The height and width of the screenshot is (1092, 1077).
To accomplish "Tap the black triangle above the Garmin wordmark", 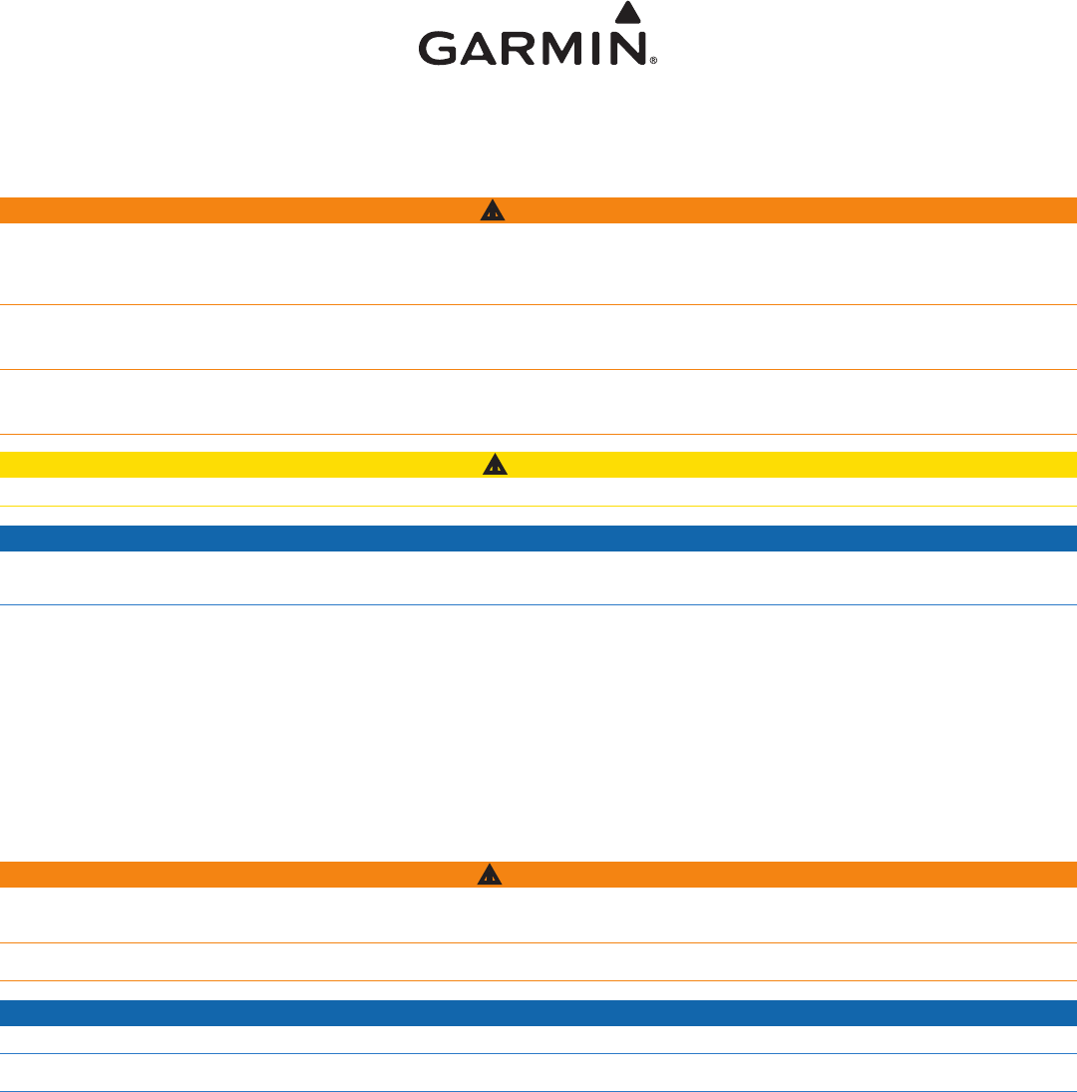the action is pos(625,13).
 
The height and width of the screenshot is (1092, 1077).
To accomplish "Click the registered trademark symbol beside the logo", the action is pos(653,61).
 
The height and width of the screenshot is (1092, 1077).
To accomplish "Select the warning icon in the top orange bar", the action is pos(492,210).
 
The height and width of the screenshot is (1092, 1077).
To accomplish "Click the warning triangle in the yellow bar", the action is pos(495,464).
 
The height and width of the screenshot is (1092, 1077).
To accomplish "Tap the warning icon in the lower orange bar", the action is pos(490,875).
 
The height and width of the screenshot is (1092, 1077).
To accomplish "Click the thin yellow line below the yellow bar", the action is pos(538,507).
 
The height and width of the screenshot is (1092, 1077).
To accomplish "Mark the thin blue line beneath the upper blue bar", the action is pos(538,604).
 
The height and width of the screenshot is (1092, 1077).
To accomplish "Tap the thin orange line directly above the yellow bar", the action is pos(538,434).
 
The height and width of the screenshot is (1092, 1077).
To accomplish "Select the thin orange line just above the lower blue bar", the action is pos(538,980).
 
